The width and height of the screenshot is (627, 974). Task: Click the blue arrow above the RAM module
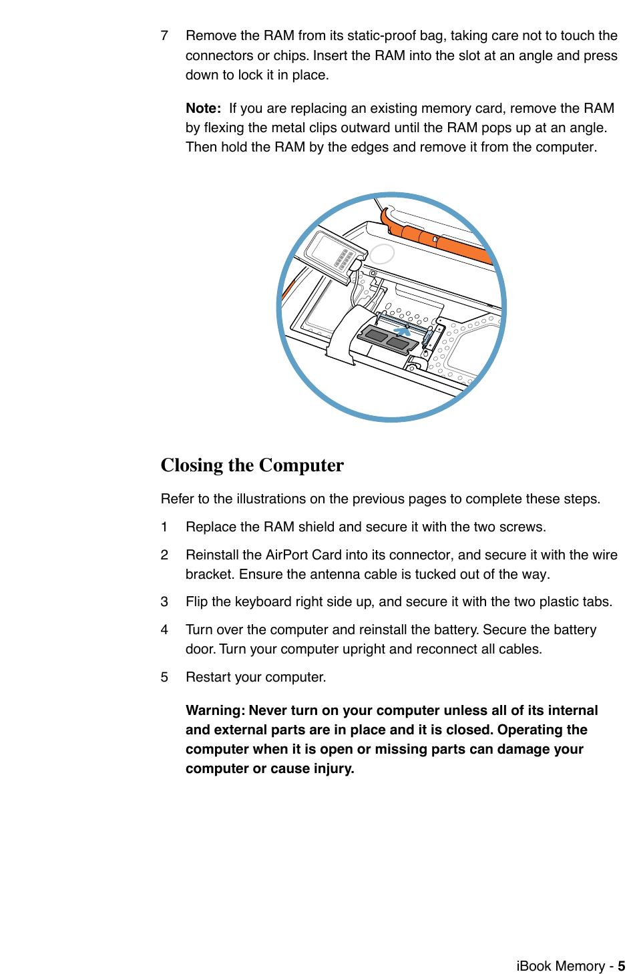pyautogui.click(x=402, y=330)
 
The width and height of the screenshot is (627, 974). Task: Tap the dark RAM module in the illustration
pyautogui.click(x=388, y=339)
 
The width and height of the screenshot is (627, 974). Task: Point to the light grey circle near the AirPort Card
pyautogui.click(x=382, y=254)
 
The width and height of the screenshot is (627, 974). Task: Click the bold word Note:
pyautogui.click(x=203, y=108)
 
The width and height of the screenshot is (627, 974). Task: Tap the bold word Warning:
pyautogui.click(x=215, y=710)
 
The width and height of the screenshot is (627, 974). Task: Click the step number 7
pyautogui.click(x=164, y=35)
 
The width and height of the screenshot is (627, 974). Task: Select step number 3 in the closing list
pyautogui.click(x=164, y=601)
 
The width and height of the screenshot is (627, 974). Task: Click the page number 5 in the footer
pyautogui.click(x=621, y=966)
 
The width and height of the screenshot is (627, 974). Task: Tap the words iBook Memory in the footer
pyautogui.click(x=560, y=966)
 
